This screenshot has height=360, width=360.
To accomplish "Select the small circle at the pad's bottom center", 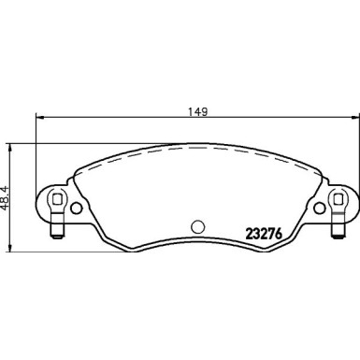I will (197, 226).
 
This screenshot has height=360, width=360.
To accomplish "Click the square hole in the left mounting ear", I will (55, 199).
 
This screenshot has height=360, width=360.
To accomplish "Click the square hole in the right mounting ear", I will (338, 199).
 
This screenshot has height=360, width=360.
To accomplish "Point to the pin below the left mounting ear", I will (55, 226).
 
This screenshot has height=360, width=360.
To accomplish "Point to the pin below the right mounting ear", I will (338, 226).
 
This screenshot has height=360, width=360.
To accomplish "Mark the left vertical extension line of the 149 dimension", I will (36, 150).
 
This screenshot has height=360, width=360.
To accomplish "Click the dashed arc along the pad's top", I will (196, 154).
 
